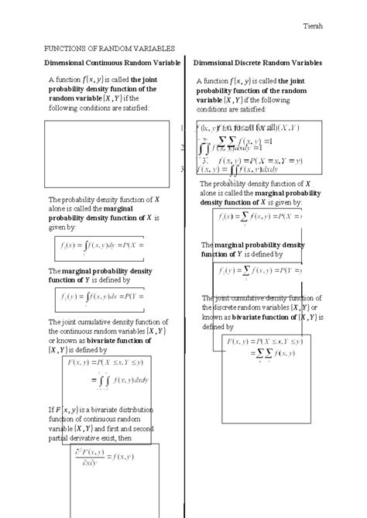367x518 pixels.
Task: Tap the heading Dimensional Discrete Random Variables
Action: [x=258, y=62]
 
